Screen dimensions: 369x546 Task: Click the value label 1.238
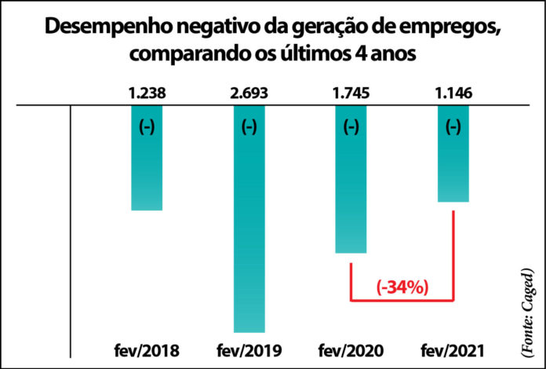tap(147, 93)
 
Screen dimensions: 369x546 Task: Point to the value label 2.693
tap(249, 93)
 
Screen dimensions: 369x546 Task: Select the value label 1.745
tap(351, 93)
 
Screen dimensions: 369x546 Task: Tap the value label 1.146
tap(453, 93)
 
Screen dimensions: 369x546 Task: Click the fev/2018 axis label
tap(147, 349)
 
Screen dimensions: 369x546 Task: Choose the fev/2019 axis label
tap(249, 349)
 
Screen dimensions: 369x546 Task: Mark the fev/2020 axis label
tap(351, 349)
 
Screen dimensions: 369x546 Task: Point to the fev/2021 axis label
tap(453, 349)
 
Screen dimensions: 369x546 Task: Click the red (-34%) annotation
tap(402, 287)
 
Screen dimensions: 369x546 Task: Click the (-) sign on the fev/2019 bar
tap(249, 127)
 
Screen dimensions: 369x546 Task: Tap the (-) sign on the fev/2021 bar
tap(453, 127)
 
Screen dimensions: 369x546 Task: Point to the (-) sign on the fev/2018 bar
tap(147, 127)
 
